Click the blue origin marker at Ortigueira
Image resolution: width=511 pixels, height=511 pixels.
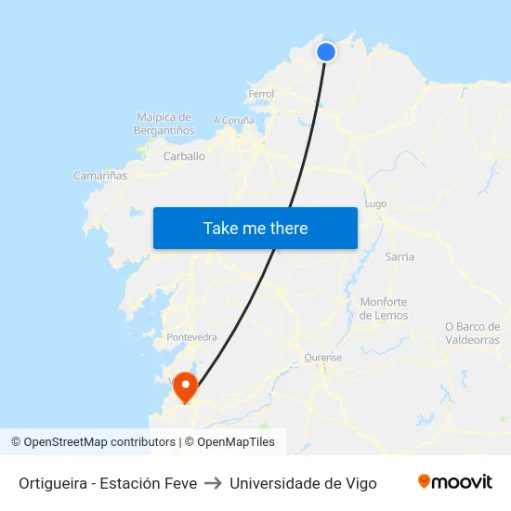point(326,52)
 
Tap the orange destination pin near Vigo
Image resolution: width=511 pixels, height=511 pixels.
point(186,386)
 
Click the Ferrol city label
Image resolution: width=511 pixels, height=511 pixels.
point(261,95)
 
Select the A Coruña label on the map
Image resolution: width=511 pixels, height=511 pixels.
point(233,120)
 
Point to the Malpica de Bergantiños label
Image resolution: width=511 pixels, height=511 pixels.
point(164,124)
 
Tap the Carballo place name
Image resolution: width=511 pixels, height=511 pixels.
point(184,156)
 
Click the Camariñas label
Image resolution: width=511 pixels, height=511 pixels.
point(100,175)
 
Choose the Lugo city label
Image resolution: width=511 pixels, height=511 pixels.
point(376,203)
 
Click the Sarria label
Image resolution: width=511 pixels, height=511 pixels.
point(400,256)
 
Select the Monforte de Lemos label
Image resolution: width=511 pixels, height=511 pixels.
point(384,308)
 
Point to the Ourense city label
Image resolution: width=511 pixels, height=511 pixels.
point(323,357)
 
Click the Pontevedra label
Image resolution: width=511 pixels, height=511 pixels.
point(191,336)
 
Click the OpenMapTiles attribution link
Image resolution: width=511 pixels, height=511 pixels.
point(236,442)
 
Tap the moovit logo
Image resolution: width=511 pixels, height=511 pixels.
point(454,482)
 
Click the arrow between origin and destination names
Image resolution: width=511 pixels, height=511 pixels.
point(213,483)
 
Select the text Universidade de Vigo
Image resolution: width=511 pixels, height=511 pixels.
point(303,483)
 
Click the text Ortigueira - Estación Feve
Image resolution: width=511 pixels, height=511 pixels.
point(108,483)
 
